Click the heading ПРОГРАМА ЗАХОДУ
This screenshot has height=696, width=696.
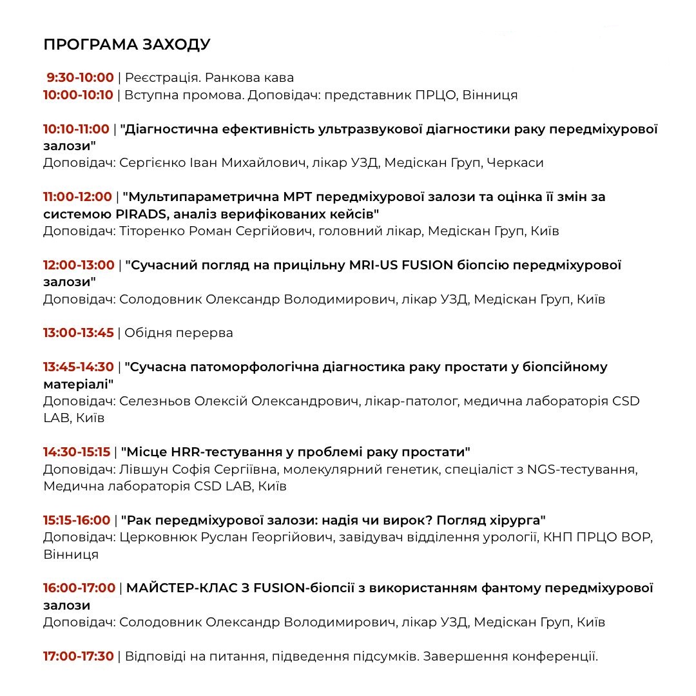(126, 44)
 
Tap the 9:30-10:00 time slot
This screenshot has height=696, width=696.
(80, 78)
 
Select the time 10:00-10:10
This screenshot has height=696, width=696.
(78, 95)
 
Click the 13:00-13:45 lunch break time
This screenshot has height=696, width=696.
(78, 333)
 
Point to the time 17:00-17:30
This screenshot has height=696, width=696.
(78, 657)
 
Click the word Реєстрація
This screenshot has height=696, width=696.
(161, 78)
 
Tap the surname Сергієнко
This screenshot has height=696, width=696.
(152, 163)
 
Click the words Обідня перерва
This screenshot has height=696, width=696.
(179, 333)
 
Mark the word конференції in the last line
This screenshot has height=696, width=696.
(554, 657)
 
